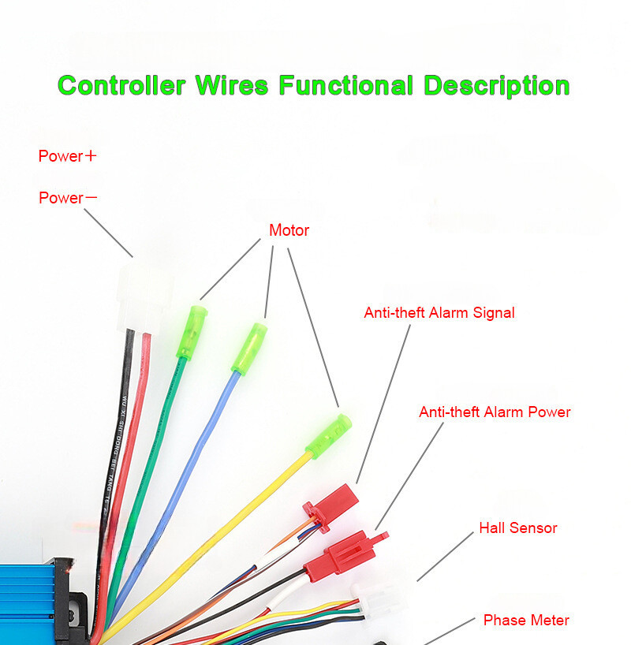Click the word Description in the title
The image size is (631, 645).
[x=496, y=85]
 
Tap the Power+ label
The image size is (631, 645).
[x=67, y=156]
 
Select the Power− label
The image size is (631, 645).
[x=68, y=198]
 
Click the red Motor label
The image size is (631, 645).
[x=289, y=231]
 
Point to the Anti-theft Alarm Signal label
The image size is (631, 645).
[x=439, y=313]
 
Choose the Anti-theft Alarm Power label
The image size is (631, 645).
[x=495, y=412]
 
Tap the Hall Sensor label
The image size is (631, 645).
[x=517, y=528]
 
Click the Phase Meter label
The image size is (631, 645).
[x=526, y=621]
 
